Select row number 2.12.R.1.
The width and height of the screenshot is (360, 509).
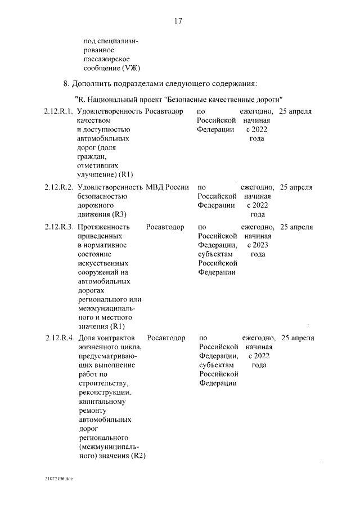click(x=58, y=111)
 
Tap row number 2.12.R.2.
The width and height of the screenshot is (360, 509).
click(x=58, y=187)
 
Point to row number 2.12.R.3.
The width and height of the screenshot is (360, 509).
click(x=58, y=227)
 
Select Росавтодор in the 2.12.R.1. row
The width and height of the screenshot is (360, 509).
click(x=164, y=111)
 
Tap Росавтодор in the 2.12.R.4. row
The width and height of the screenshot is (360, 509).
click(x=166, y=339)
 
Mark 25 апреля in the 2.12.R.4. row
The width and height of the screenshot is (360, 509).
click(x=298, y=339)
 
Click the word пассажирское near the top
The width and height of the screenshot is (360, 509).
click(x=107, y=59)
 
